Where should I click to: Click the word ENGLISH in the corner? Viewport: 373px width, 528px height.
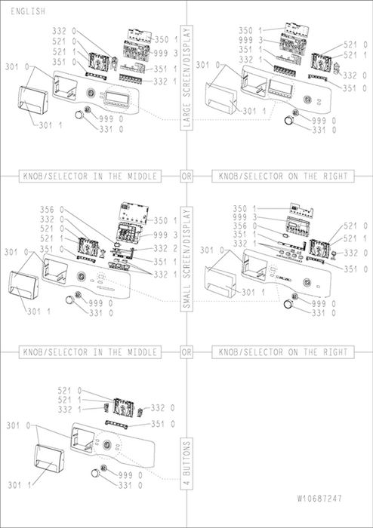(28, 11)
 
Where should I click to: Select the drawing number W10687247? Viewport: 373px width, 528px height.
(319, 499)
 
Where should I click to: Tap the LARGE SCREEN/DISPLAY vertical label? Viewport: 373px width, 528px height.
(186, 78)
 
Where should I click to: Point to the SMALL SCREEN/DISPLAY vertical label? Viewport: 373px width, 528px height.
(186, 259)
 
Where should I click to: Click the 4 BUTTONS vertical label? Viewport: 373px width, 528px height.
(186, 464)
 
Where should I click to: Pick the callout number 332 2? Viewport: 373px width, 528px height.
(165, 248)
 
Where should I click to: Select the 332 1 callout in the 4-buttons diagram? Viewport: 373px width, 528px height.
(69, 409)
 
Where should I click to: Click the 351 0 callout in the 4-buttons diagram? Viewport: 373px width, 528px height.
(163, 424)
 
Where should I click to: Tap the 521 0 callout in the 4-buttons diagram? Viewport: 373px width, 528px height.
(69, 391)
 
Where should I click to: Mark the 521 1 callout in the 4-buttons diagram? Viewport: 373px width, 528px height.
(69, 400)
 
